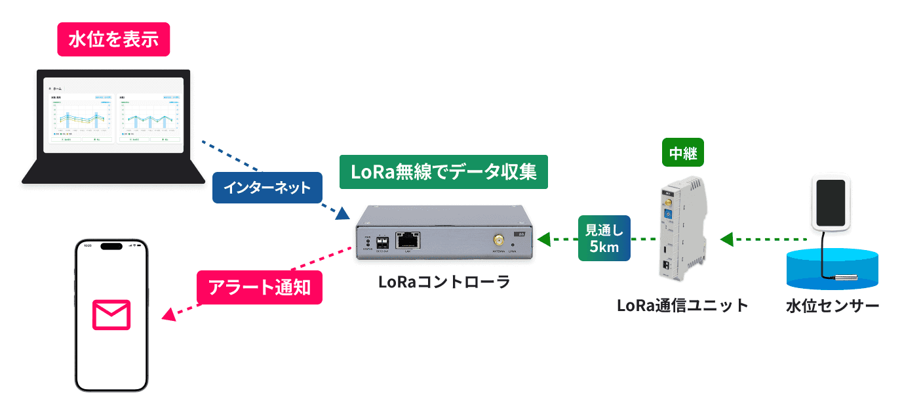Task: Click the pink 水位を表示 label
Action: (x=113, y=39)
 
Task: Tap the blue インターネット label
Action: (x=267, y=188)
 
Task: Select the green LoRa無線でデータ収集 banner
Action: (x=444, y=173)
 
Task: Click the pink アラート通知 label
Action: (x=260, y=287)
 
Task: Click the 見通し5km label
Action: (x=603, y=238)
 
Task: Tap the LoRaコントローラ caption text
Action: (x=444, y=282)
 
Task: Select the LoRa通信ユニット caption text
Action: (x=682, y=305)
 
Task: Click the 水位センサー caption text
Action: (x=833, y=306)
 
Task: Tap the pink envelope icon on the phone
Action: (x=111, y=315)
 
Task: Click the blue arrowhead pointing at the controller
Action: (x=342, y=213)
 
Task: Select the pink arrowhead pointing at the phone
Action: (x=168, y=316)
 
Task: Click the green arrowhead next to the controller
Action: (x=543, y=240)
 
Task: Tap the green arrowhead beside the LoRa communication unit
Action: (x=726, y=240)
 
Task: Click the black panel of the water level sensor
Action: (x=832, y=200)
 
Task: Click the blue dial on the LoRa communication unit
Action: (x=668, y=215)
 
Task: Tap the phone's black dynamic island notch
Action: (x=111, y=247)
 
